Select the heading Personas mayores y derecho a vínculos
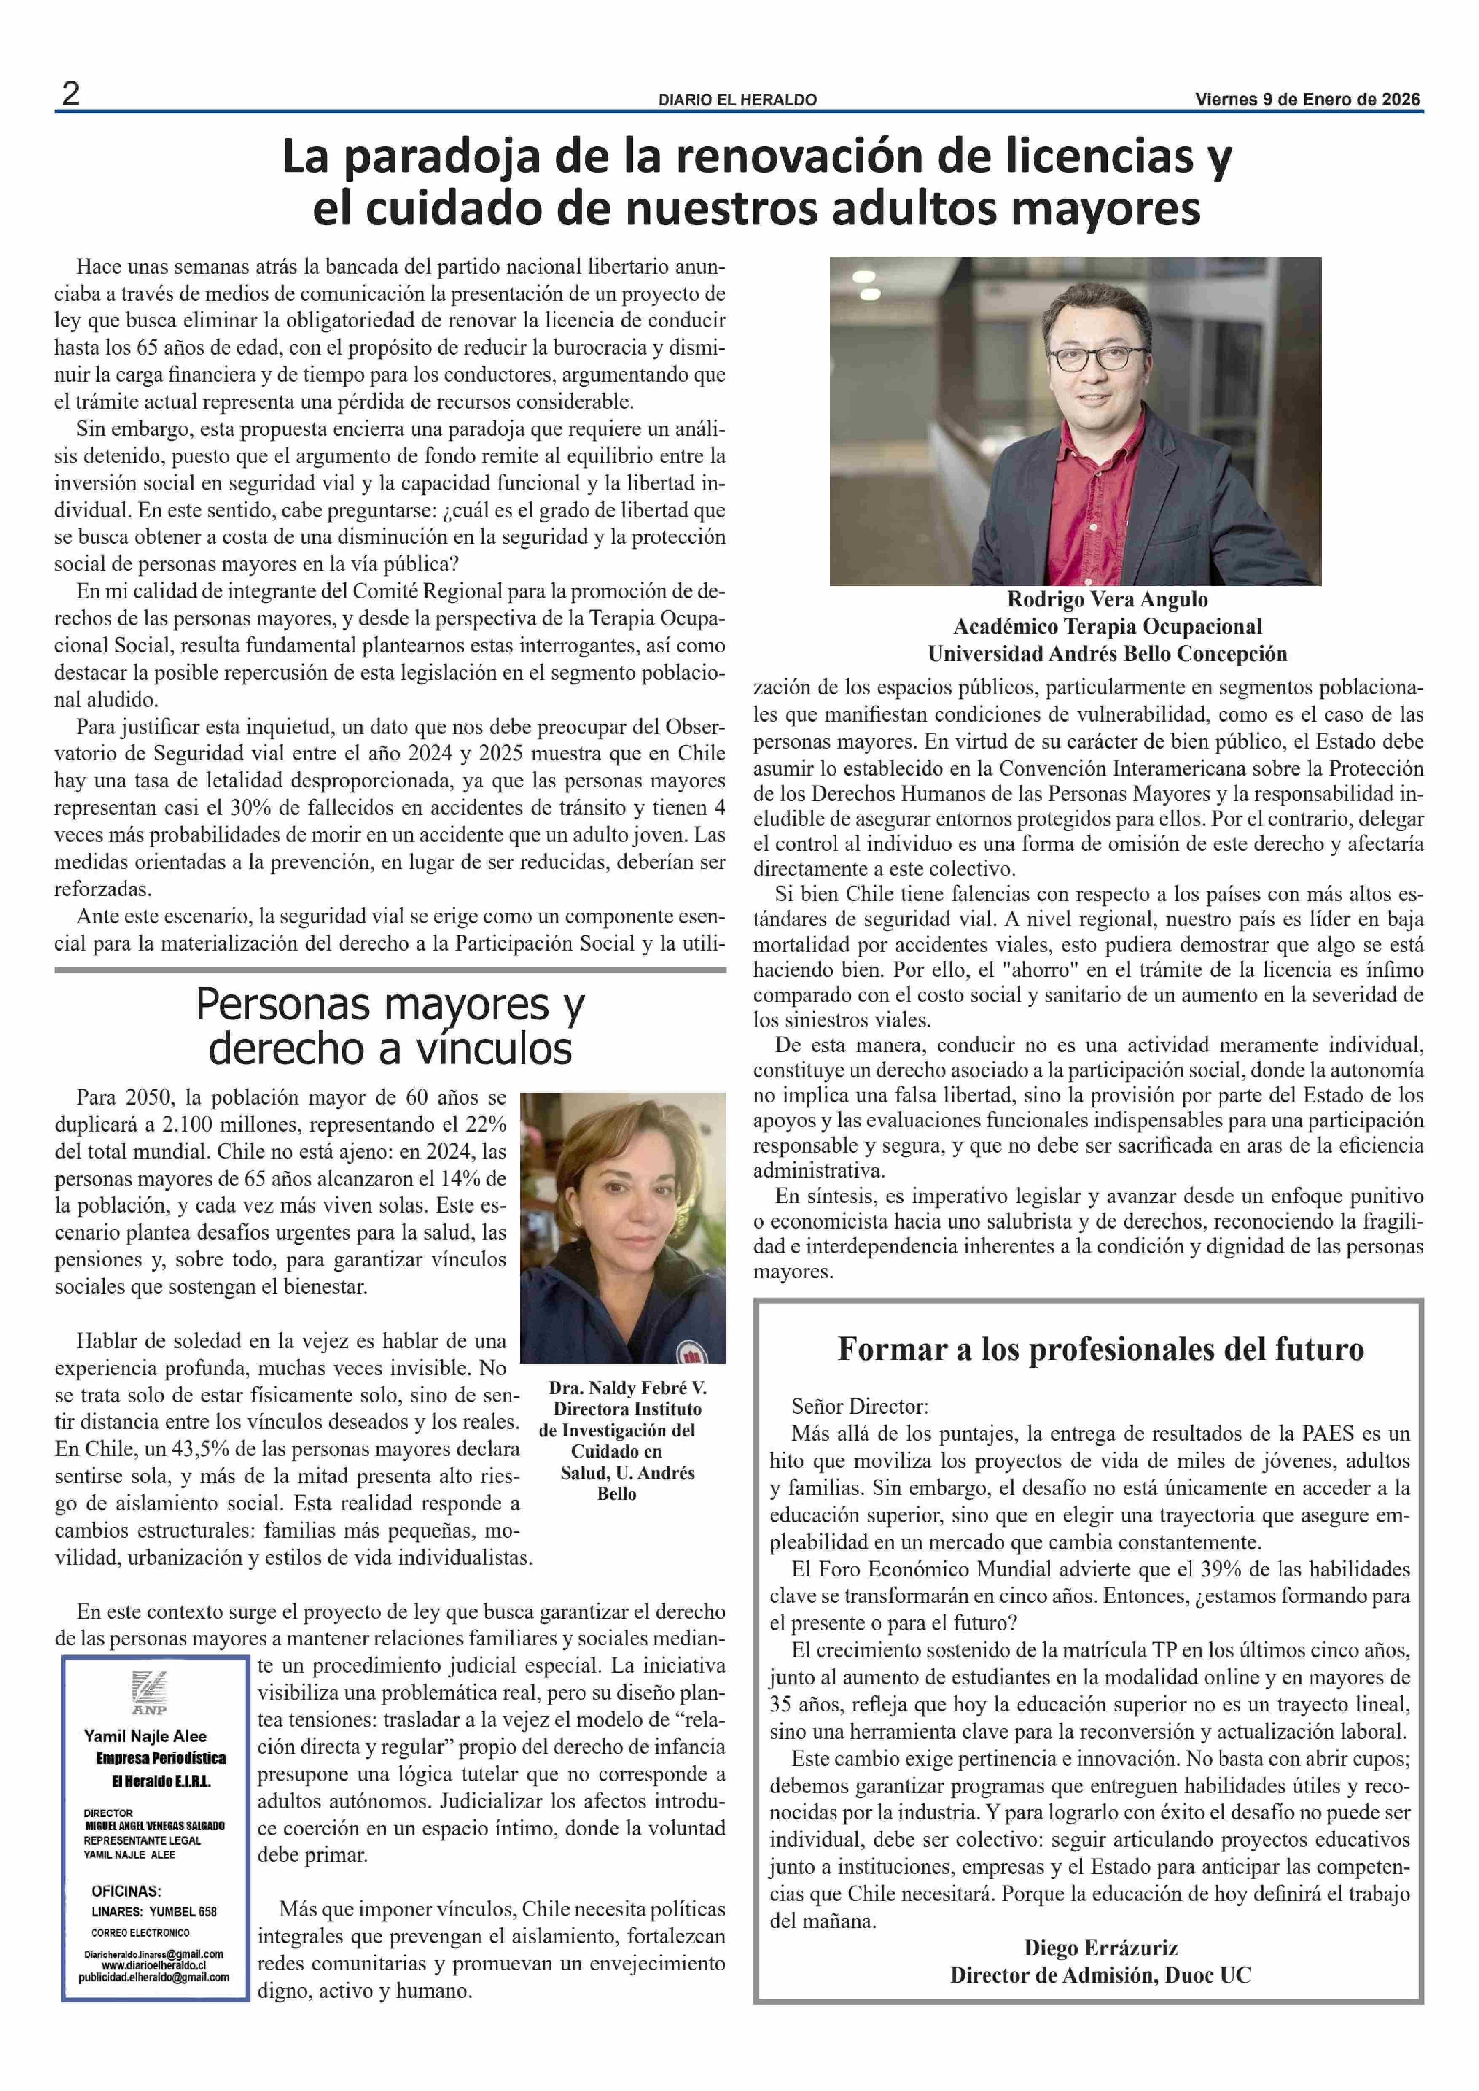tap(390, 1027)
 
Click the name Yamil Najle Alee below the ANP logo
tap(146, 1737)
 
